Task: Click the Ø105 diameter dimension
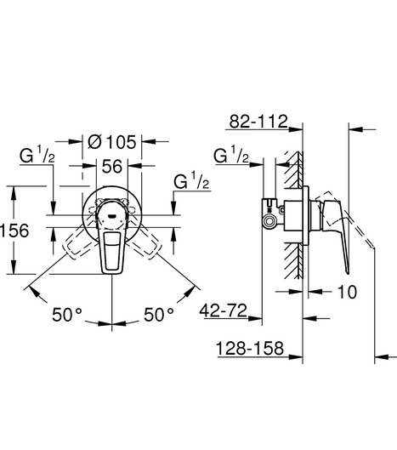pos(112,142)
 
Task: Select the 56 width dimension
pos(112,166)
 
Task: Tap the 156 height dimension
pos(14,231)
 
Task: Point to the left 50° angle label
pos(67,314)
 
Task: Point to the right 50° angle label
pos(159,314)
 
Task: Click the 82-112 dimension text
pos(258,122)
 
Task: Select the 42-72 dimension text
pos(224,310)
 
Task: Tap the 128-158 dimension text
pos(250,348)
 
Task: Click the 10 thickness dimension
pos(348,292)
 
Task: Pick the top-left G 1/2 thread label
pos(37,157)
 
